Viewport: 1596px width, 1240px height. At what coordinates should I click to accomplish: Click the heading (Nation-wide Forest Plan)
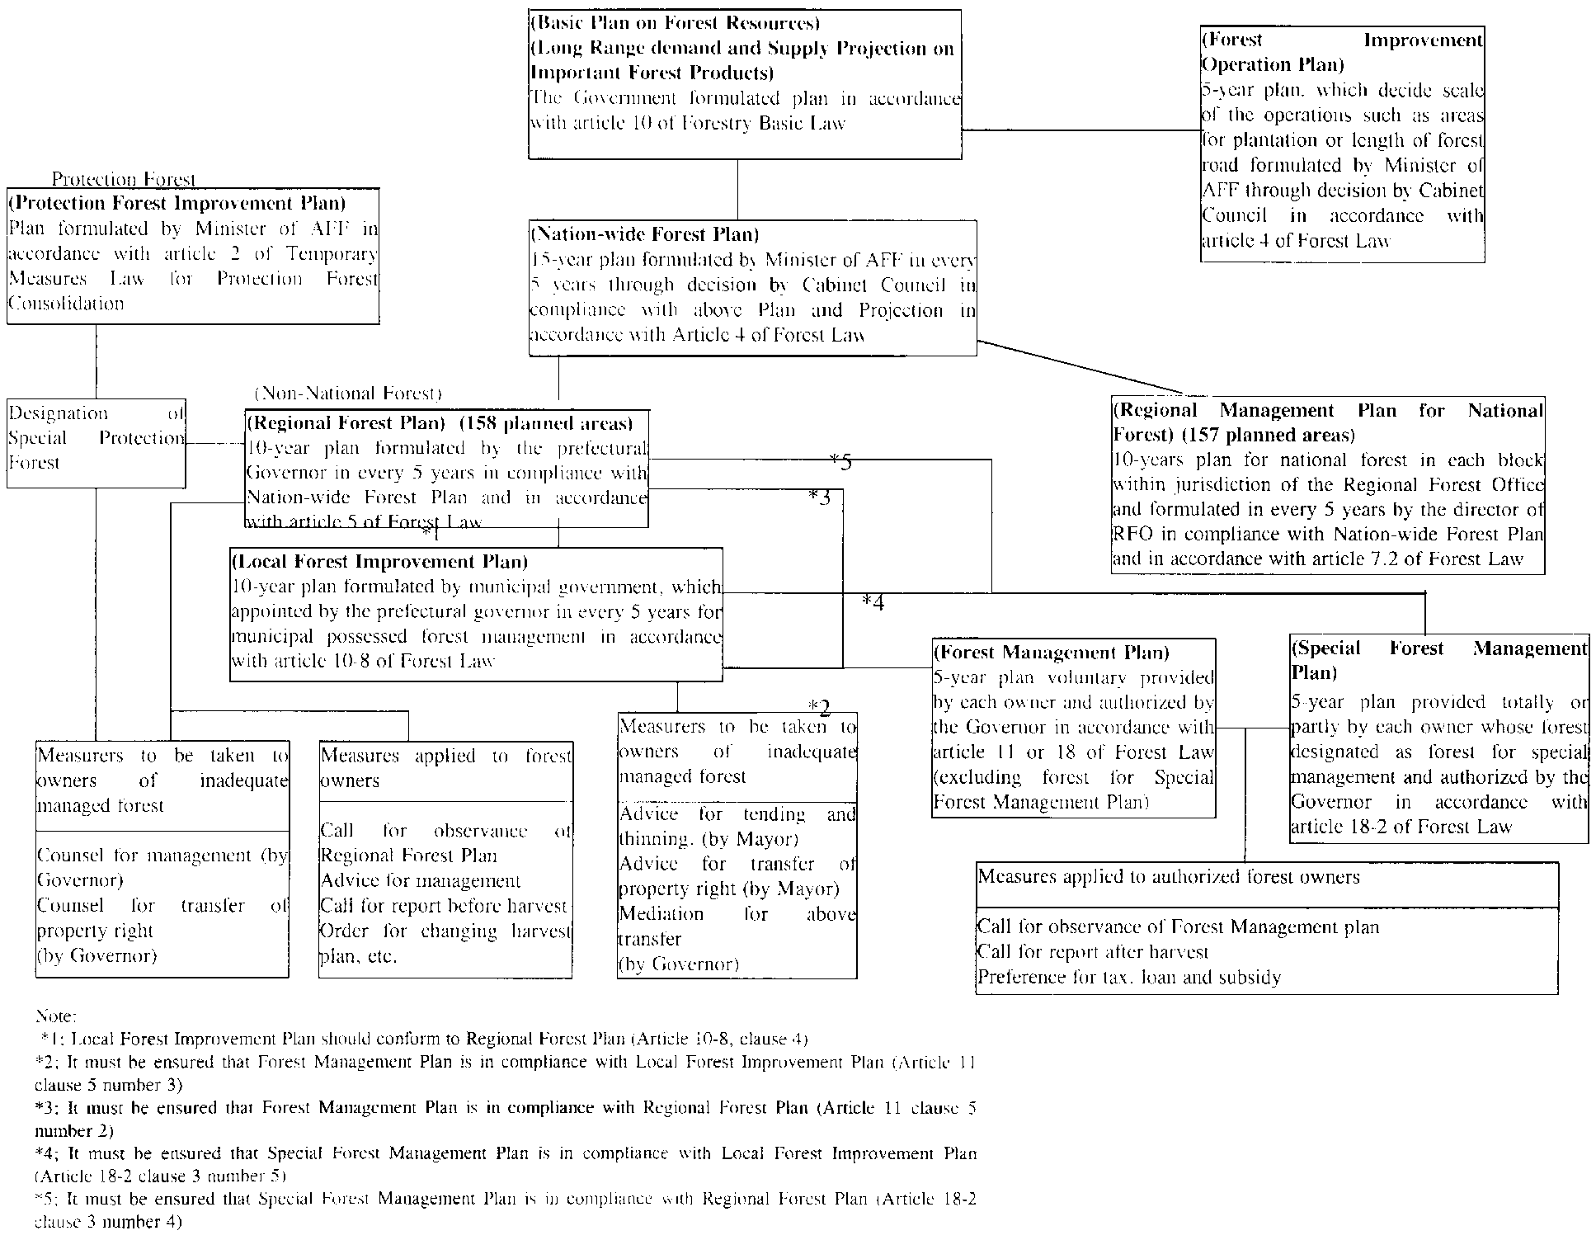pos(645,235)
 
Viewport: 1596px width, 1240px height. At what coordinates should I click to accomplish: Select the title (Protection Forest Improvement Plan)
pos(177,203)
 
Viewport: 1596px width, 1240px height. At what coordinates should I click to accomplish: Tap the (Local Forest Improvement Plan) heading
pos(380,562)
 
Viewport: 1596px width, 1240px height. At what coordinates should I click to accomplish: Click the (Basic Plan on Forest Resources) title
pos(676,23)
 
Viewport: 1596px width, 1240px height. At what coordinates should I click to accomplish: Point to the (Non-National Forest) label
pos(348,394)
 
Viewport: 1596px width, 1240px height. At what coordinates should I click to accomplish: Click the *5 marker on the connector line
pos(840,462)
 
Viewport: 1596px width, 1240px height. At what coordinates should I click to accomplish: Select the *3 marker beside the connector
pos(819,497)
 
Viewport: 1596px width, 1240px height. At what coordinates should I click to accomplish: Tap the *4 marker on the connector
pos(873,603)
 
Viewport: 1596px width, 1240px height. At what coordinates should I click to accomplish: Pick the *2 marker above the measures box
pos(819,707)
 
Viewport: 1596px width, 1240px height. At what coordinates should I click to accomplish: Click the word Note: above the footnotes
pos(56,1016)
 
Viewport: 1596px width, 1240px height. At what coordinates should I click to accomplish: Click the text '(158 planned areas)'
pos(546,424)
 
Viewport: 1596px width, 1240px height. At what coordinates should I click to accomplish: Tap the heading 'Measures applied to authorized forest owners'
pos(1169,877)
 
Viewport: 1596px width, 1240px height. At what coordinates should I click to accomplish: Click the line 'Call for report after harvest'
pos(1093,952)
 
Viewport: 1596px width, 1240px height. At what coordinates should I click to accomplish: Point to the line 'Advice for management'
pos(421,881)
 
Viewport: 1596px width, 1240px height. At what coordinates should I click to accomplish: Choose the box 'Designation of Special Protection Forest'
pos(97,438)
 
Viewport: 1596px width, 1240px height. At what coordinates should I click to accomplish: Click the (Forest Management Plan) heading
pos(1052,653)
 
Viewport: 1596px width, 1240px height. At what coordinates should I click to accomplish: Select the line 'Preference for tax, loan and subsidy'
pos(1129,978)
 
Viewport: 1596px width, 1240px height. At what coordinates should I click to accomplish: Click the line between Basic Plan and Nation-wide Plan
pos(737,189)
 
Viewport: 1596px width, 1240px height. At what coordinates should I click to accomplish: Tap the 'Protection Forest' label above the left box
pos(124,179)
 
